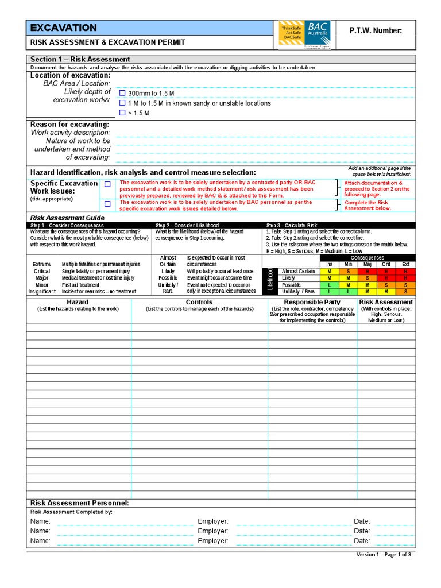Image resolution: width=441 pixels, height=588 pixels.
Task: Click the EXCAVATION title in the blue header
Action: point(63,28)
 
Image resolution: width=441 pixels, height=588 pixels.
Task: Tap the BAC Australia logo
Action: point(304,34)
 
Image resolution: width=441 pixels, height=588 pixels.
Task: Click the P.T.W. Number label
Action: point(376,30)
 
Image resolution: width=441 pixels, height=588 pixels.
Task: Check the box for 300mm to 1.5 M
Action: point(122,93)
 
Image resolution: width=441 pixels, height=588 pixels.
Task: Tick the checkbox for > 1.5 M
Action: point(122,113)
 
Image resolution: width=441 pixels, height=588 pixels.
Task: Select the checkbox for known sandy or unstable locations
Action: point(122,103)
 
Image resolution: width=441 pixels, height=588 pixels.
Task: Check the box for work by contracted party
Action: point(107,184)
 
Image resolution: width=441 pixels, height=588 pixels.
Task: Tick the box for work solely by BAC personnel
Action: point(107,204)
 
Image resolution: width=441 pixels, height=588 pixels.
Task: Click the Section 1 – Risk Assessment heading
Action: point(80,59)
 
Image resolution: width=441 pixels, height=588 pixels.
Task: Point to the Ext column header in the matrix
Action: point(405,264)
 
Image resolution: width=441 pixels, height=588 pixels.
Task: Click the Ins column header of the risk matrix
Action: point(329,264)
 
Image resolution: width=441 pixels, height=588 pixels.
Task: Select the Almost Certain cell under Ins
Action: point(329,271)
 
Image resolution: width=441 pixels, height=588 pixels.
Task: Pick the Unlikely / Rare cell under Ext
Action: point(405,292)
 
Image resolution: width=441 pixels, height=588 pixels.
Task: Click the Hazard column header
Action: point(78,302)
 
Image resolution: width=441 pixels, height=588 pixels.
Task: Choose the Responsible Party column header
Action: point(312,302)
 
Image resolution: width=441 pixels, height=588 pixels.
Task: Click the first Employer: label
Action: point(213,521)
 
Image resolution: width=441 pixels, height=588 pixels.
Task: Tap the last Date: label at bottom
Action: point(362,541)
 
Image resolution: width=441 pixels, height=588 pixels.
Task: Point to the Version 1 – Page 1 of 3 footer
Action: point(384,555)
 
